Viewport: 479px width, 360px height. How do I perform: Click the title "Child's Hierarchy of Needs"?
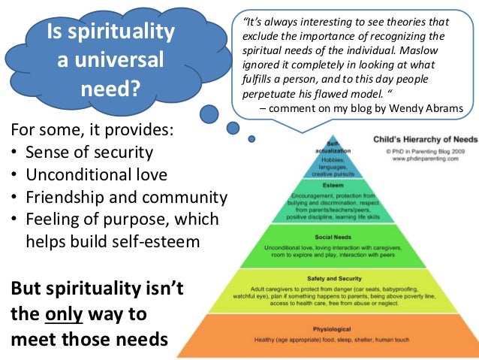pyautogui.click(x=423, y=138)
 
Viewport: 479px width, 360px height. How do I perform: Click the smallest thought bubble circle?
pyautogui.click(x=252, y=139)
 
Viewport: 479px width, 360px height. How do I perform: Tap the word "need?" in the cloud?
pyautogui.click(x=110, y=89)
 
